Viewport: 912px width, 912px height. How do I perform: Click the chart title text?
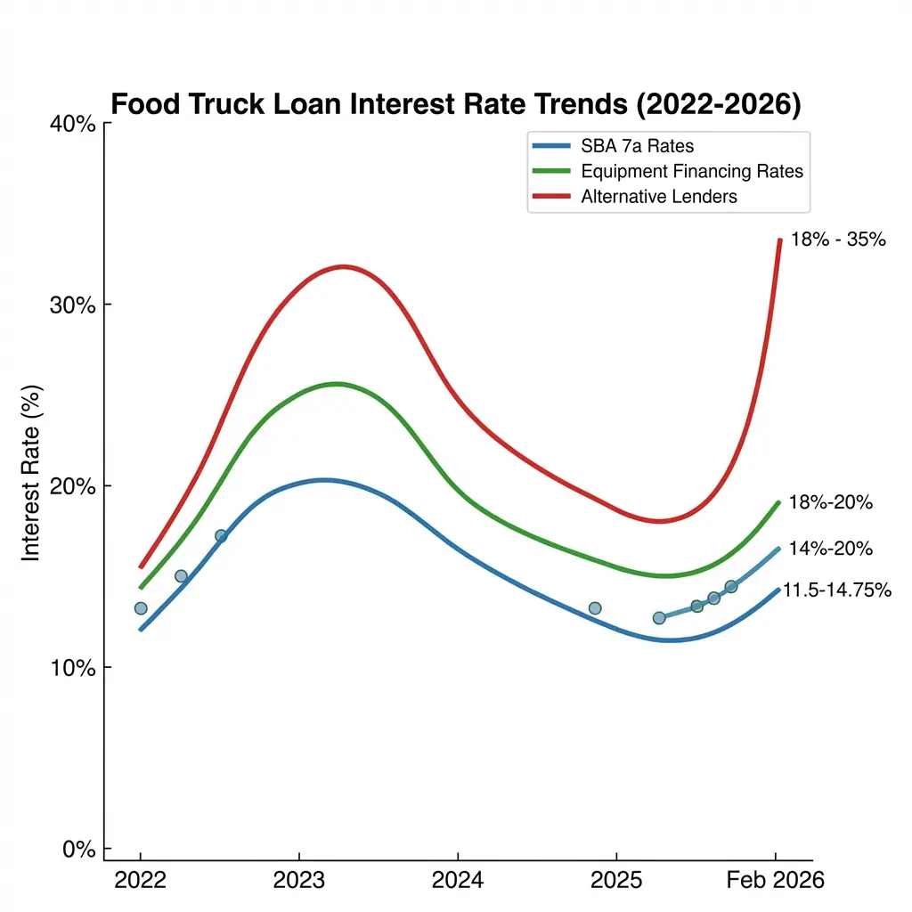tap(455, 104)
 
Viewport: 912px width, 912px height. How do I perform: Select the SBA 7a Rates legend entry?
tap(636, 146)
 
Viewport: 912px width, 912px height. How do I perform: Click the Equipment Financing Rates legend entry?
tap(691, 171)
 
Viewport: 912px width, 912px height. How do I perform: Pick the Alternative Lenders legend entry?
tap(658, 197)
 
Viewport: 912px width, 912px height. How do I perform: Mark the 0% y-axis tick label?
tap(78, 850)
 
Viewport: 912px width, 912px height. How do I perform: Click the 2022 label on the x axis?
tap(140, 881)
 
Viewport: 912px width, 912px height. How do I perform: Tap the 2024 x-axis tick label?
tap(457, 881)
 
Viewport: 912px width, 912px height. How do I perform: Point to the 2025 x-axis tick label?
tap(615, 881)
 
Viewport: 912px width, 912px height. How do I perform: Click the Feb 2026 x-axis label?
tap(775, 881)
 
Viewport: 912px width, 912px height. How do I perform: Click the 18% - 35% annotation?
tap(837, 239)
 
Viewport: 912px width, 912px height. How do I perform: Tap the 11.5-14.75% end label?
tap(836, 590)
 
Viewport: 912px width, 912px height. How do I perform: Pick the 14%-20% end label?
tap(830, 549)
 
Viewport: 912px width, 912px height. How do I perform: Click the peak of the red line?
tap(343, 266)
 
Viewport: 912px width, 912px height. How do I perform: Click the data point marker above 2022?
tap(140, 608)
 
